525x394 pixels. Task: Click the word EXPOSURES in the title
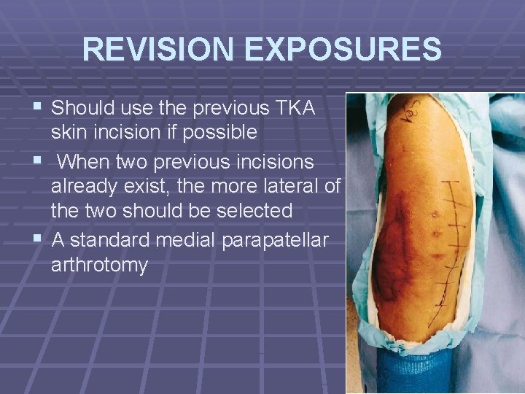tap(343, 50)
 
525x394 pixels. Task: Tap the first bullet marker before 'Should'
tap(37, 109)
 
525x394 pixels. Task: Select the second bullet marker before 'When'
tap(37, 161)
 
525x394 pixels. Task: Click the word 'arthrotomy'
tap(99, 264)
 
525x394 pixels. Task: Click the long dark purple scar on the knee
tap(397, 233)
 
